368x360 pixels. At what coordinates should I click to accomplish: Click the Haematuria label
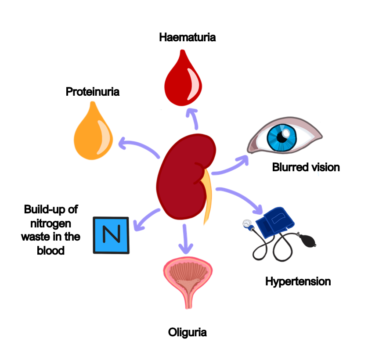pyautogui.click(x=188, y=37)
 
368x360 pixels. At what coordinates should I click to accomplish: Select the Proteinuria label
pyautogui.click(x=93, y=92)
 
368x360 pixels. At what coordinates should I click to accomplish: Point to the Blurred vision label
pyautogui.click(x=306, y=167)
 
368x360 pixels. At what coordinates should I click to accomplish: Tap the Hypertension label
pyautogui.click(x=298, y=281)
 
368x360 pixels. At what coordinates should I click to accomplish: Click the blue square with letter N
pyautogui.click(x=111, y=234)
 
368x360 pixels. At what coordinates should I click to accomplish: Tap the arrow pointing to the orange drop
pyautogui.click(x=138, y=147)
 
